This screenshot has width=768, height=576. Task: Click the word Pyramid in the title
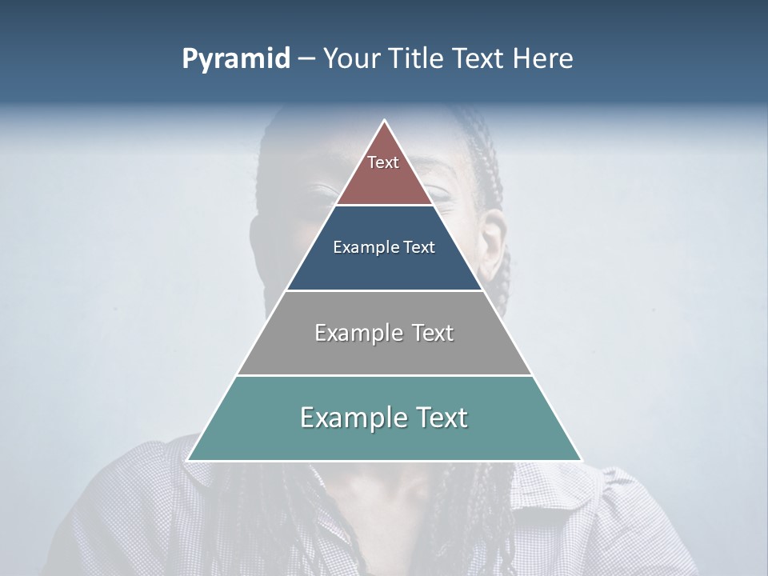click(x=235, y=59)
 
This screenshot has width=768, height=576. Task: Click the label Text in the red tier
click(x=383, y=162)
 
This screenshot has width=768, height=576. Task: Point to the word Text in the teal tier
click(x=441, y=418)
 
